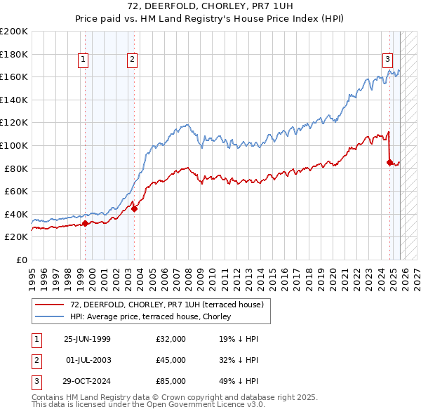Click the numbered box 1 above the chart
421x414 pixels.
tap(83, 60)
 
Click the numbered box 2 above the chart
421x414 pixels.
tap(132, 60)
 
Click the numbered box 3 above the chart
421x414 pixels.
tap(387, 60)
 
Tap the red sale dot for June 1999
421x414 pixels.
tap(86, 224)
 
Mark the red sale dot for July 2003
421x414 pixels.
tap(134, 208)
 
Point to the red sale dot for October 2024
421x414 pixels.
tap(389, 162)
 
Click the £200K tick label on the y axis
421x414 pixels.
tap(14, 32)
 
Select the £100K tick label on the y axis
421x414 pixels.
tap(14, 145)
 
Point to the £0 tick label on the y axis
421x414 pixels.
tap(22, 260)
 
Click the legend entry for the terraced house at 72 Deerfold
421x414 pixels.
tap(166, 305)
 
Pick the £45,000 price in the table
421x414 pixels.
tap(171, 360)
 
